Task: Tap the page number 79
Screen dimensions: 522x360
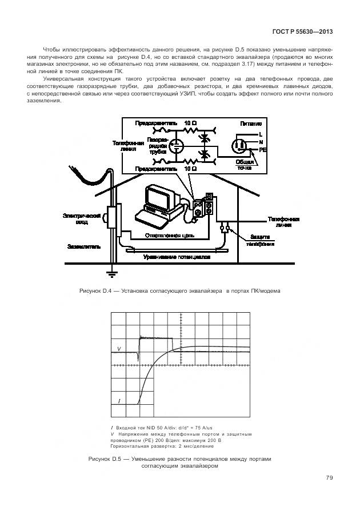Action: tap(329, 478)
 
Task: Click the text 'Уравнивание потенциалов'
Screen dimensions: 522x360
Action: tap(177, 257)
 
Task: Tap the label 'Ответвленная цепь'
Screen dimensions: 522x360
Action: tap(170, 235)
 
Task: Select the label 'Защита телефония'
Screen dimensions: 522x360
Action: tap(260, 240)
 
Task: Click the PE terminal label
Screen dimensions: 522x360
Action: tap(263, 149)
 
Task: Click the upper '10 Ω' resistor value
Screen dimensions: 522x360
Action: tap(190, 123)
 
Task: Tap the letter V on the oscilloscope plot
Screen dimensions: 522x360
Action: tap(119, 348)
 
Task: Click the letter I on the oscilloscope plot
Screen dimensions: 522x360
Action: tap(119, 401)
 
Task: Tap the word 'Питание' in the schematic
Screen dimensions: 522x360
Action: tap(251, 123)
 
